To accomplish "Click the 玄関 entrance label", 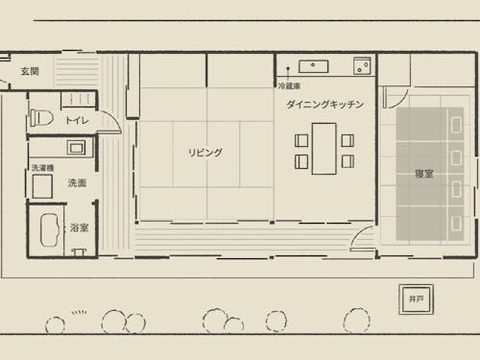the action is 30,71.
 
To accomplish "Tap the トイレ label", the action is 77,120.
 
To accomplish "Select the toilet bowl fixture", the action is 41,118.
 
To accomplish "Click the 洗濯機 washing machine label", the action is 42,168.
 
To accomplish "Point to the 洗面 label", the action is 77,183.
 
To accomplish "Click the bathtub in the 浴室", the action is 50,229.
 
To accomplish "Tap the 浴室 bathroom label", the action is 79,228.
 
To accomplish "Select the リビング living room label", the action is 204,153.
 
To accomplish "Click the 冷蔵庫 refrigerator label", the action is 289,85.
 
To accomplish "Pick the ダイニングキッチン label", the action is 324,105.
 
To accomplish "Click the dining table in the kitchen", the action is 324,149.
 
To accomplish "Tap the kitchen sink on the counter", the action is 313,66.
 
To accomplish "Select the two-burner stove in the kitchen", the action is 362,66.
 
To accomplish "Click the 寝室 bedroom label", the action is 424,174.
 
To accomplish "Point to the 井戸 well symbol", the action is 416,300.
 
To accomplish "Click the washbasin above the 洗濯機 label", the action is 76,148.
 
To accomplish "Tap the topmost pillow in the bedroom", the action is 456,124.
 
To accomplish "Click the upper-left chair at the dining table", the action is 301,140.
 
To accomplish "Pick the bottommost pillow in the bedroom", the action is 456,224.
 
